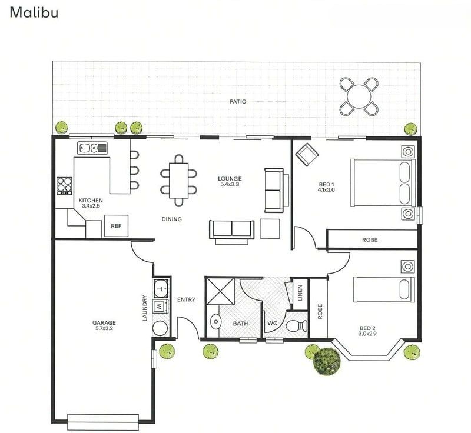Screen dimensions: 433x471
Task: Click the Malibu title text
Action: (34, 12)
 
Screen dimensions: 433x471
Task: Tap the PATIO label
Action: (238, 102)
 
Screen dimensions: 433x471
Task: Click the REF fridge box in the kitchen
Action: (116, 226)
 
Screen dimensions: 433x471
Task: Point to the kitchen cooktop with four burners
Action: (64, 186)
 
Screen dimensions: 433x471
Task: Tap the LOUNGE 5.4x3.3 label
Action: (230, 182)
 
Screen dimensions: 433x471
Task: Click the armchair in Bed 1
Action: (307, 155)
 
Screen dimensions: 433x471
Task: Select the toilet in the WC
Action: (295, 325)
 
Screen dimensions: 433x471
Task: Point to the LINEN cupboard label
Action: (300, 292)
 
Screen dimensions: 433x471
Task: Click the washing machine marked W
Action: (160, 306)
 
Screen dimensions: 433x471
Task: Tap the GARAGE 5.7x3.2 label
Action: (104, 326)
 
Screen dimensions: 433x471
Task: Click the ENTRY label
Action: (186, 300)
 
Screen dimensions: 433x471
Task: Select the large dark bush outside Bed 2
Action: (327, 360)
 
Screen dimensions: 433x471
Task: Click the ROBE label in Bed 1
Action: (370, 240)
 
